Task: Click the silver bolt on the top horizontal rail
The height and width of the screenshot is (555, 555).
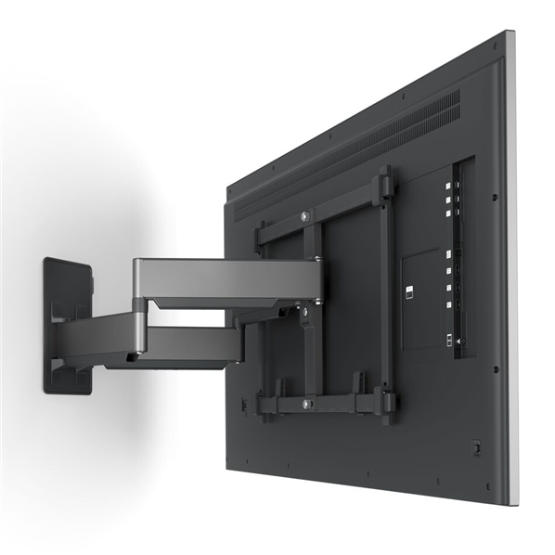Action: click(304, 217)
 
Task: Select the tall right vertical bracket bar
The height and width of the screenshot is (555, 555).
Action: click(385, 297)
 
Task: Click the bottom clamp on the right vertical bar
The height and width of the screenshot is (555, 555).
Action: click(387, 403)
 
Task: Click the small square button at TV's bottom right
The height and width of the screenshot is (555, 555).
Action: click(476, 446)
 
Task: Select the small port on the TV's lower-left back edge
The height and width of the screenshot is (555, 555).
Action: click(244, 405)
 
